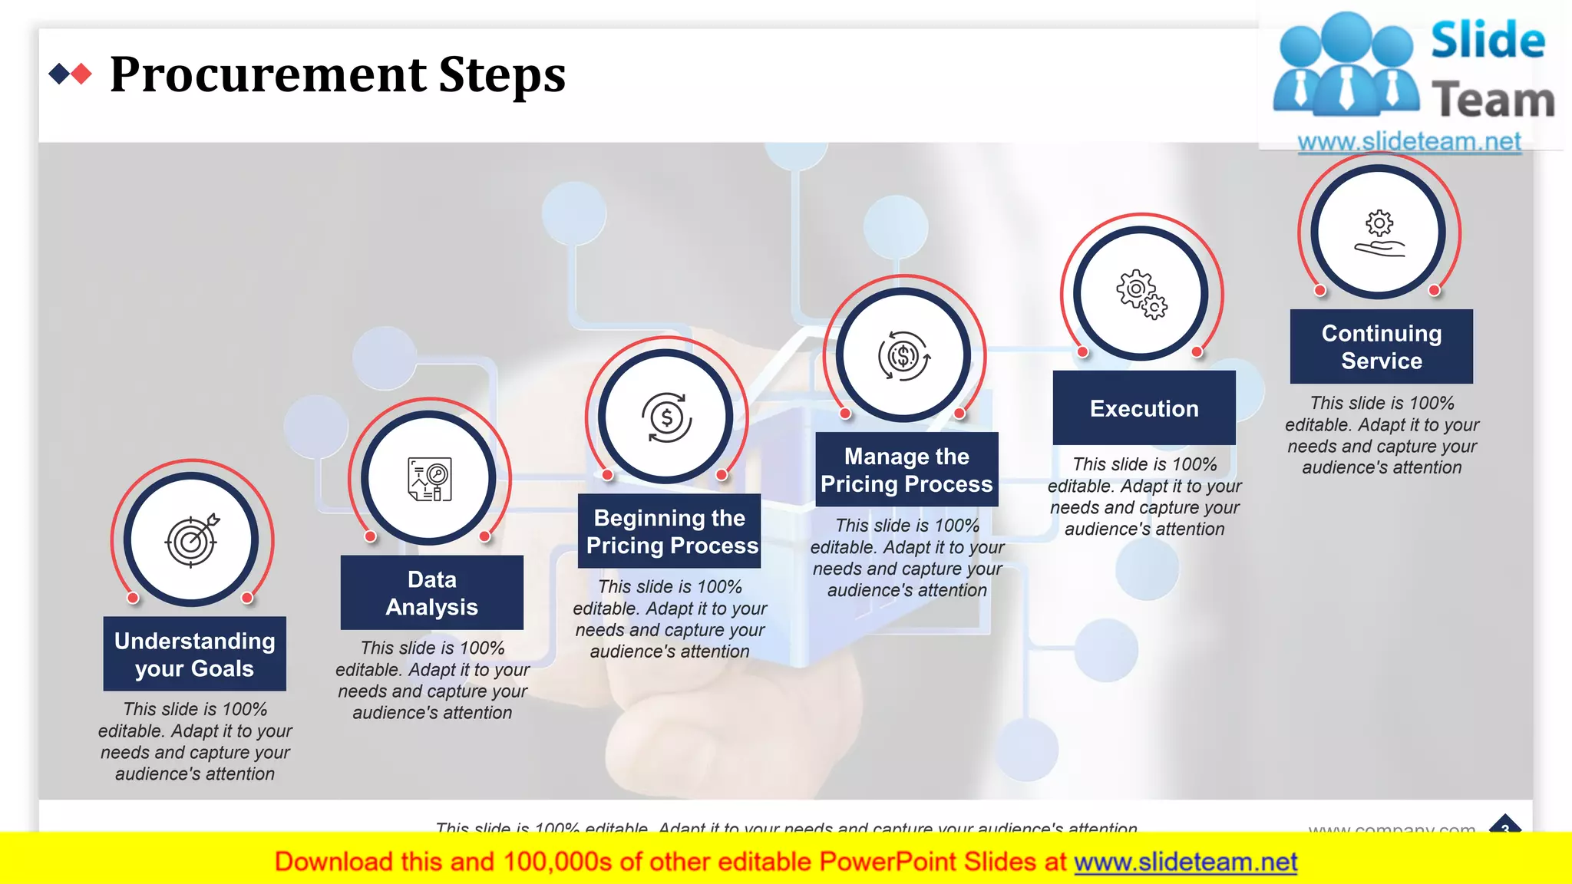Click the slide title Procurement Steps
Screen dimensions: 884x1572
tap(338, 75)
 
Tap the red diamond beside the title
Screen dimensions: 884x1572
tap(81, 74)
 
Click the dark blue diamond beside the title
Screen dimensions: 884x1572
tap(59, 74)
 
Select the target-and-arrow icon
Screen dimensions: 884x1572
tap(192, 540)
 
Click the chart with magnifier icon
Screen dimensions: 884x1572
tap(429, 479)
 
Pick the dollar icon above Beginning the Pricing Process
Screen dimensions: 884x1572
tap(666, 417)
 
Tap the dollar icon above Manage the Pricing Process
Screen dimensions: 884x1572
tap(903, 356)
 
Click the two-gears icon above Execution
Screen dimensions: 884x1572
tap(1141, 294)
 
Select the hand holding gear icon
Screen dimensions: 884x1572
tap(1379, 233)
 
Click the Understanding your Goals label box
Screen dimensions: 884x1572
tap(195, 654)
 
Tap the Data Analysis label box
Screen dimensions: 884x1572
tap(432, 592)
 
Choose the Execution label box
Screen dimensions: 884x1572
tap(1144, 408)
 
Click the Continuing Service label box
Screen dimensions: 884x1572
tap(1382, 346)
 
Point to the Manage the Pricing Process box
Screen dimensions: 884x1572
tap(907, 470)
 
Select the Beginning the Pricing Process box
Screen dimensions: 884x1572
tap(669, 531)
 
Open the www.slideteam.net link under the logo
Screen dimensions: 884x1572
tap(1409, 141)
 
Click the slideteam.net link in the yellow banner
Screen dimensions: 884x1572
tap(1185, 862)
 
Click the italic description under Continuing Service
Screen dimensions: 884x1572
tap(1382, 435)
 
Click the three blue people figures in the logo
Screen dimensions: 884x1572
tap(1346, 65)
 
